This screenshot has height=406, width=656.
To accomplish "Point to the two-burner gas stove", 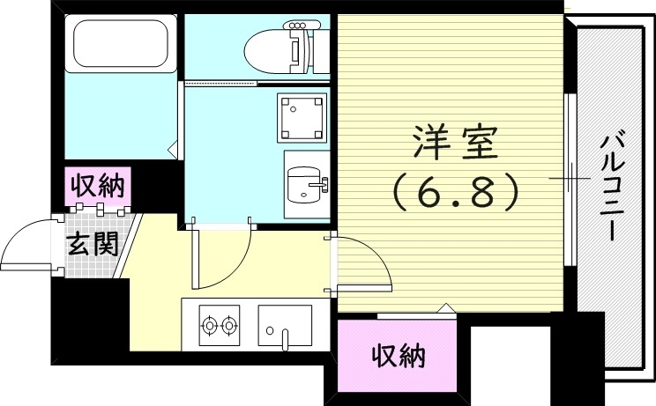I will (220, 326).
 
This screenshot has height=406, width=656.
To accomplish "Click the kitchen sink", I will (285, 325).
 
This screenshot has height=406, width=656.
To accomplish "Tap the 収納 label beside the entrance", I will (97, 187).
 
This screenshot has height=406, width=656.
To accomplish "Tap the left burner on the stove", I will (210, 326).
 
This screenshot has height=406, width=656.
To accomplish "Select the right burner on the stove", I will (230, 326).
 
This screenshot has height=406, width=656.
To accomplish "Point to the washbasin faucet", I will (323, 184).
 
